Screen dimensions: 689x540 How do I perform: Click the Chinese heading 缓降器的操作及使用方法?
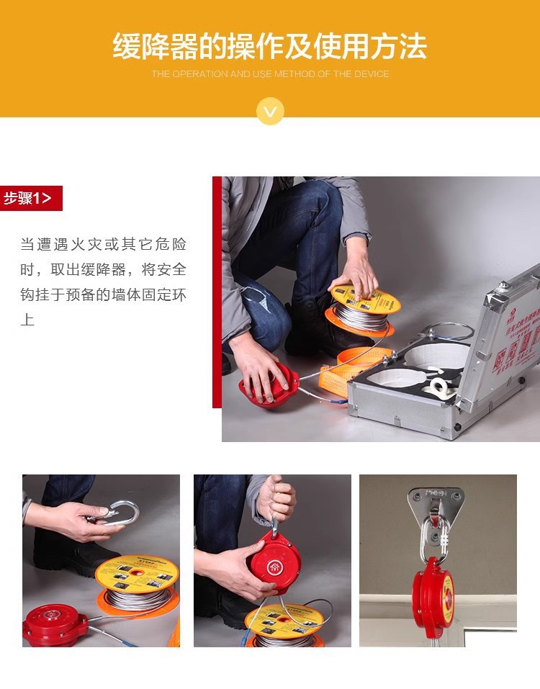(x=269, y=46)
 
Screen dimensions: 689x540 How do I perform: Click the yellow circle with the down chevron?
(x=270, y=112)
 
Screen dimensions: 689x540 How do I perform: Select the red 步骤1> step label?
(x=30, y=198)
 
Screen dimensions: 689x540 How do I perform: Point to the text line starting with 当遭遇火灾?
(x=103, y=244)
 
